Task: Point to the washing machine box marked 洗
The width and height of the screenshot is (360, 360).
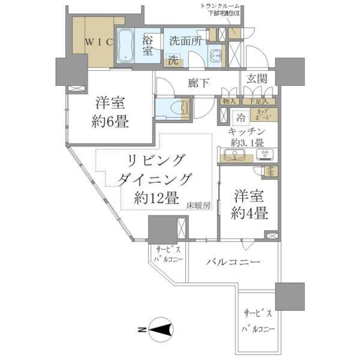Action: pyautogui.click(x=173, y=59)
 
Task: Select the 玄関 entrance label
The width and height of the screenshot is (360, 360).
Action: pyautogui.click(x=257, y=79)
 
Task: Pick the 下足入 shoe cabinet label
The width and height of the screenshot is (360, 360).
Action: pyautogui.click(x=259, y=101)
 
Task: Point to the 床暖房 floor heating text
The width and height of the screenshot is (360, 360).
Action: pyautogui.click(x=199, y=205)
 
